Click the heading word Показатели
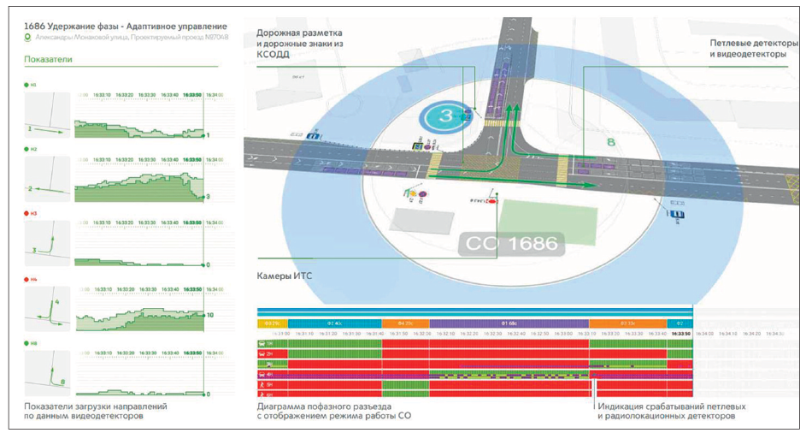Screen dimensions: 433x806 49,60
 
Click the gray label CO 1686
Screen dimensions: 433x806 510,244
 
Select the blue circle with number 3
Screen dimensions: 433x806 444,118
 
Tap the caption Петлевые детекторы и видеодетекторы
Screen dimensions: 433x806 747,47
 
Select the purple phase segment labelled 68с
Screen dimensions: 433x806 509,323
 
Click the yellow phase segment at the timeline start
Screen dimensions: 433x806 272,323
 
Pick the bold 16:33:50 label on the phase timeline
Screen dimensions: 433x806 680,334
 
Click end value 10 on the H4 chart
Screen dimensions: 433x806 209,316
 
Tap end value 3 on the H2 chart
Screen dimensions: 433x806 209,197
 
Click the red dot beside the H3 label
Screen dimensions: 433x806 26,214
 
